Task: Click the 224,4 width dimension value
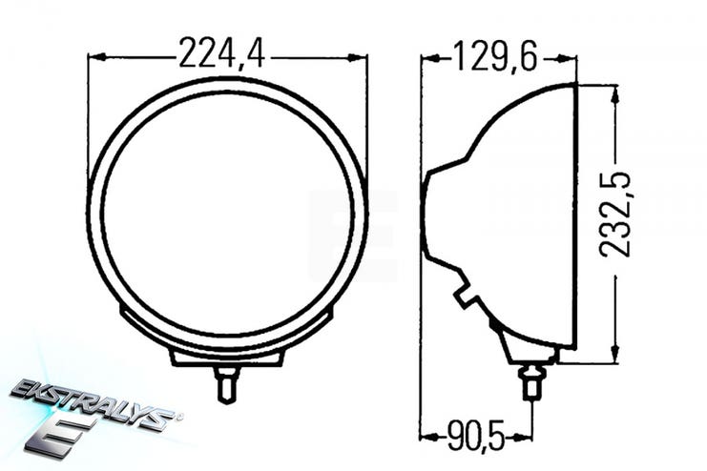(222, 53)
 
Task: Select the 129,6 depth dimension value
(495, 56)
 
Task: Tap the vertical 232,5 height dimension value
(614, 215)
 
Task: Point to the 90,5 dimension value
(476, 436)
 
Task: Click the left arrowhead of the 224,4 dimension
(97, 57)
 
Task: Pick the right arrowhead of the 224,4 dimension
(358, 57)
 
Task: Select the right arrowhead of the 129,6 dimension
(567, 58)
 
